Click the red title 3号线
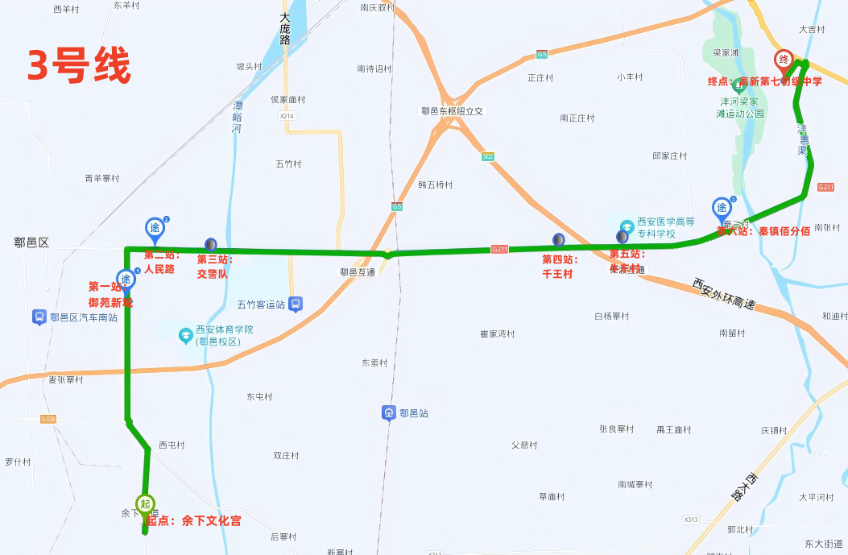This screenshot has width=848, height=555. click(x=79, y=67)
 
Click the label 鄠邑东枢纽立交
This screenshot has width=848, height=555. click(x=452, y=111)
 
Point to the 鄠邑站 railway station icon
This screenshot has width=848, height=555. click(x=389, y=413)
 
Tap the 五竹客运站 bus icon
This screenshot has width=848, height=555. click(x=296, y=304)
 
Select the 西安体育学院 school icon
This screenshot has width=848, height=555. click(x=185, y=330)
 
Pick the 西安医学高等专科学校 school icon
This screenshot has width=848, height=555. click(x=627, y=224)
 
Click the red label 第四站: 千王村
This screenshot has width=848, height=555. click(x=558, y=266)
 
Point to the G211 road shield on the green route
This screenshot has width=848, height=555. click(x=500, y=250)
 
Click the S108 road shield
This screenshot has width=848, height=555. click(x=48, y=419)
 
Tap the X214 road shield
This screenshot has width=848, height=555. click(x=288, y=117)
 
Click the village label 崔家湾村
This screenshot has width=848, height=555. click(x=497, y=333)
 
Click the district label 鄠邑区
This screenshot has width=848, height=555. click(x=31, y=242)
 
